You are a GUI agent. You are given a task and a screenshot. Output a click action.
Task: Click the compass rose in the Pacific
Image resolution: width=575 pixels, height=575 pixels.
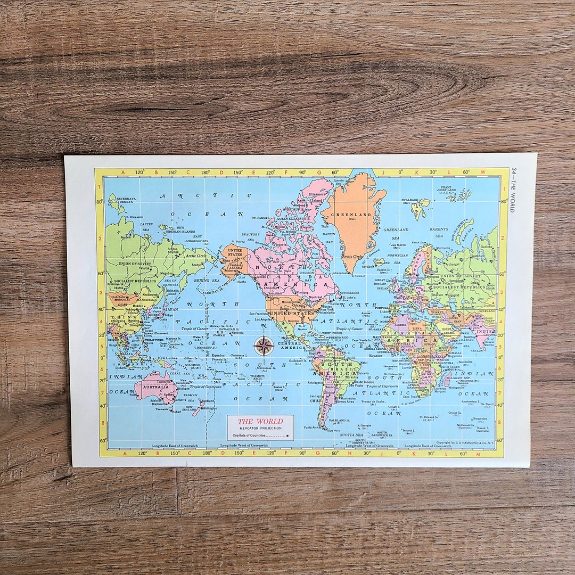pos(264,346)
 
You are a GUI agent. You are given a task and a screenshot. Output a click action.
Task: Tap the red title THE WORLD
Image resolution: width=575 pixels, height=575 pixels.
pos(260,421)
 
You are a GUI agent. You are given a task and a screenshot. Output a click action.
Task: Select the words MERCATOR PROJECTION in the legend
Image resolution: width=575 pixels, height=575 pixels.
pos(260,429)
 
